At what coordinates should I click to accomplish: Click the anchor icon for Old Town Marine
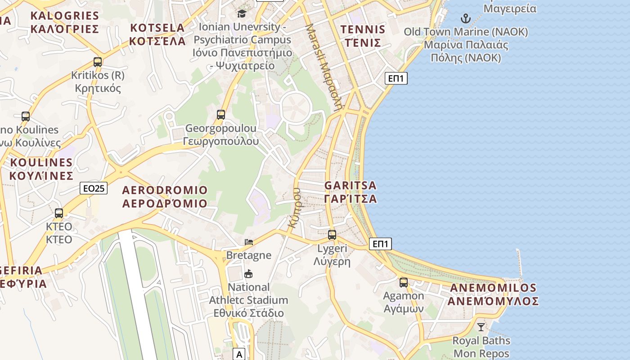tap(466, 18)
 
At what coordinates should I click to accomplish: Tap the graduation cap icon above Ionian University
tap(242, 13)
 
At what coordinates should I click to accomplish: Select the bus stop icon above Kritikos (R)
tap(98, 62)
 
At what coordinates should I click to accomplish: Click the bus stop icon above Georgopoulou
tap(221, 115)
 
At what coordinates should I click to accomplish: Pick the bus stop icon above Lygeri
tap(332, 234)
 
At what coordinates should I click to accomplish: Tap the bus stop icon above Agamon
tap(404, 283)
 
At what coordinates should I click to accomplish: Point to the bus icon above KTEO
tap(59, 213)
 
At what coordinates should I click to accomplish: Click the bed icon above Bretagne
tap(249, 242)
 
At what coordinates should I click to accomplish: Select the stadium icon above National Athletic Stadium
tap(248, 274)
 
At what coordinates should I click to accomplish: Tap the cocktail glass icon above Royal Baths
tap(481, 327)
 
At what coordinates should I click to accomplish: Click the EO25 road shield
tap(94, 188)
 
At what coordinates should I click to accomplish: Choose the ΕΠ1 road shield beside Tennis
tap(396, 78)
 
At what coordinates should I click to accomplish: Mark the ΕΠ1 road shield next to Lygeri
tap(380, 244)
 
